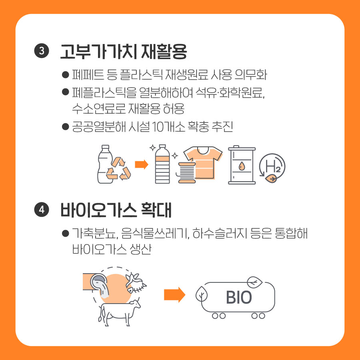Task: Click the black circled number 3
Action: [42, 51]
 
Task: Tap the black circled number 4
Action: [42, 209]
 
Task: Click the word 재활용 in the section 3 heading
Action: [164, 52]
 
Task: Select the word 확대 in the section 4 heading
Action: [156, 210]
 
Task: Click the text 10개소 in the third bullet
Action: [168, 126]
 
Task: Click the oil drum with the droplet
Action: [242, 165]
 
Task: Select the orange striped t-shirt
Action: [203, 162]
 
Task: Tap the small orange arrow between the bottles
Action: [142, 164]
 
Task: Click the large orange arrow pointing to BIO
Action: [174, 295]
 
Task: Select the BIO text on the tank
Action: [239, 298]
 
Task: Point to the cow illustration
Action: [119, 312]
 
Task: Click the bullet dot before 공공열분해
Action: [66, 126]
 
